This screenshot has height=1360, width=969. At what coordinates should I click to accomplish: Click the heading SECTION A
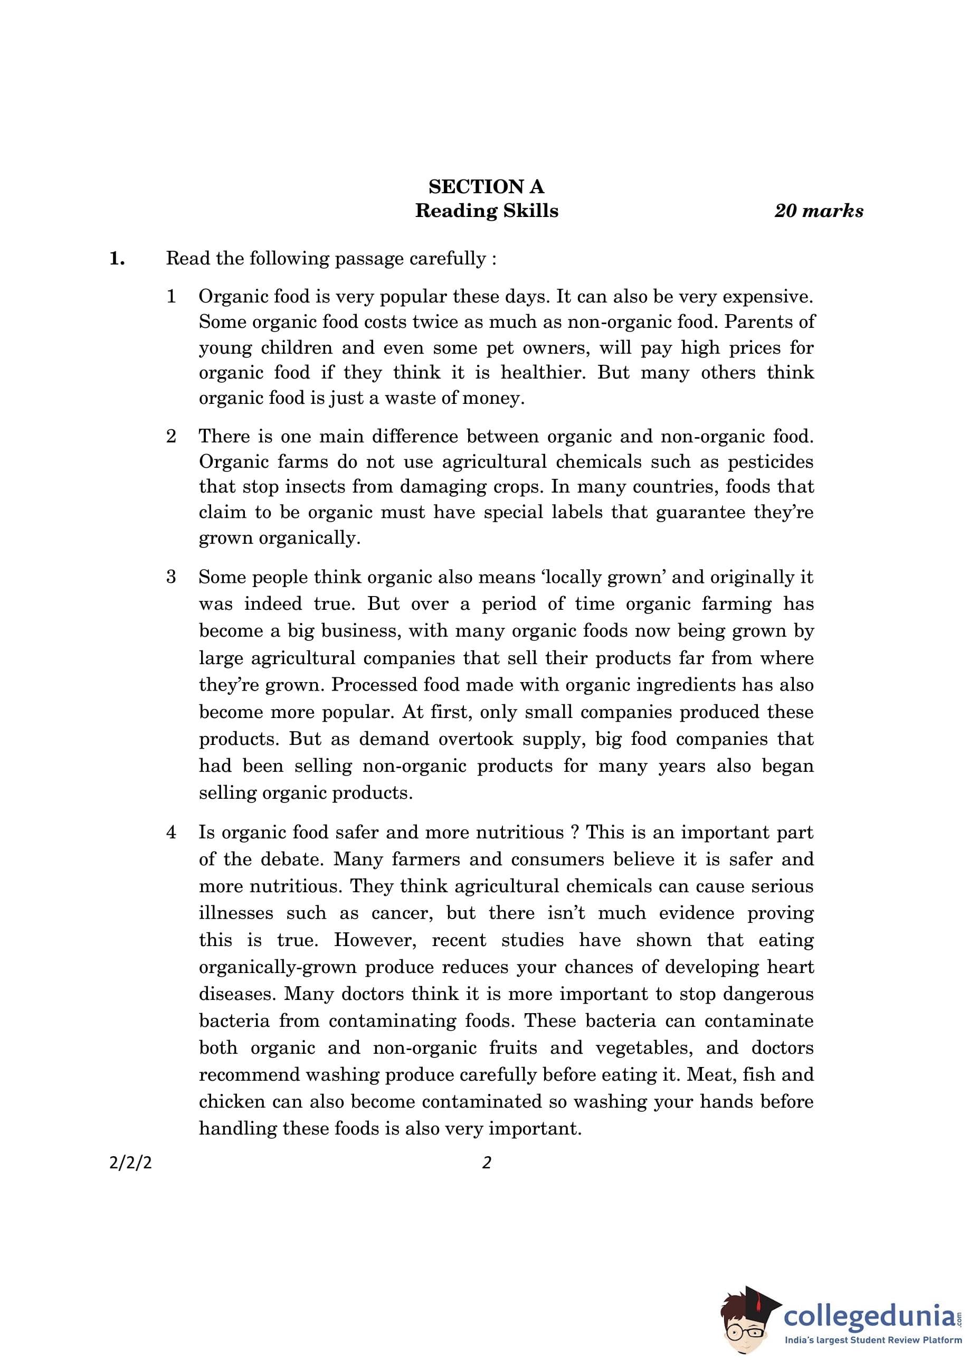486,187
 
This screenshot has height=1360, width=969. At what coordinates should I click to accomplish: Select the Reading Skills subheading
486,211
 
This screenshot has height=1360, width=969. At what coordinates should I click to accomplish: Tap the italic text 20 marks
818,211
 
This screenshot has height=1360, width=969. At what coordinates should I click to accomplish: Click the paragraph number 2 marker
171,436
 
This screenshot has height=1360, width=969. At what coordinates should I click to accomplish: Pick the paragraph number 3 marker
171,577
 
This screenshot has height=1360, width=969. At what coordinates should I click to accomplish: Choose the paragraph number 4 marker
171,833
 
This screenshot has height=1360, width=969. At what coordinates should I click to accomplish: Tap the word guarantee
700,513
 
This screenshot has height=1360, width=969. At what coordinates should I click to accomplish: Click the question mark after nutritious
575,833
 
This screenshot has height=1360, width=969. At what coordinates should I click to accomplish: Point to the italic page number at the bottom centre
486,1163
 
